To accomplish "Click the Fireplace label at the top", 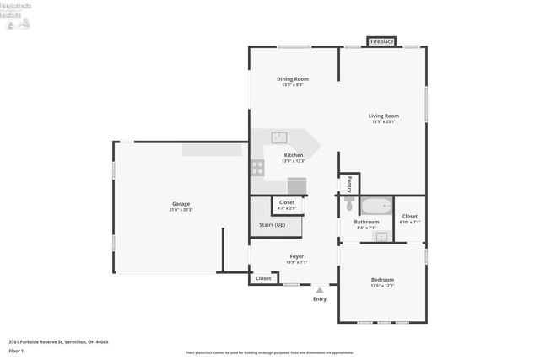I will (382, 40).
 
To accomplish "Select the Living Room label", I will (383, 116).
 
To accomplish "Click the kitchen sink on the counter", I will (279, 137).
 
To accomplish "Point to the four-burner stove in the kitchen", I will (257, 167).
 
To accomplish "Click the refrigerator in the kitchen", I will (297, 186).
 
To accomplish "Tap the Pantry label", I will (349, 184).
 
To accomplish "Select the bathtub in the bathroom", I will (375, 206).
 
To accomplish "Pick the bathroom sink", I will (381, 237).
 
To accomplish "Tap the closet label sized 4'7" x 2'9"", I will (287, 203).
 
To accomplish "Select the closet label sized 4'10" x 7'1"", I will (409, 218).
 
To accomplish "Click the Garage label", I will (181, 204).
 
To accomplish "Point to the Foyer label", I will (296, 256).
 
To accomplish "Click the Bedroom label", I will (382, 280).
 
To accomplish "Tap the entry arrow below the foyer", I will (319, 289).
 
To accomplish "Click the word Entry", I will (320, 299).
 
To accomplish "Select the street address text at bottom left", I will (58, 341).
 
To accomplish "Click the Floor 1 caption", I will (16, 350).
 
